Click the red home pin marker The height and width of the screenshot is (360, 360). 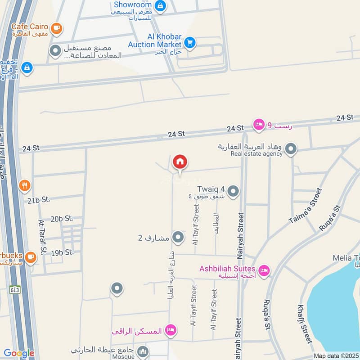(x=180, y=162)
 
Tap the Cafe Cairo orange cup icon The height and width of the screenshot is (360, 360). (x=56, y=28)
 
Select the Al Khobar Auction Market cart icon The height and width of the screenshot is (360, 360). (x=190, y=43)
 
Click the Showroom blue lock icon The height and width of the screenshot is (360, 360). (x=160, y=6)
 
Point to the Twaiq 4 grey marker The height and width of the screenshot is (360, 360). (x=233, y=192)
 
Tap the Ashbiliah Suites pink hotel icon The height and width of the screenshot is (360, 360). (x=264, y=270)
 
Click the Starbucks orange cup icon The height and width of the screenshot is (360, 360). (x=30, y=257)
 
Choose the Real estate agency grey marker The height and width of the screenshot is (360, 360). (x=291, y=149)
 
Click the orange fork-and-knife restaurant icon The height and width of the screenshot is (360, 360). (x=25, y=185)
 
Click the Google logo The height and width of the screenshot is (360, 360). (x=19, y=354)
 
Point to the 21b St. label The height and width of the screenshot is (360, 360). (x=40, y=201)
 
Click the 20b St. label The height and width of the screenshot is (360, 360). (x=62, y=219)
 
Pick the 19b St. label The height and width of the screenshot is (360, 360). (x=62, y=252)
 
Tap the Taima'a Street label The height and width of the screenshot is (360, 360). (x=306, y=206)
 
